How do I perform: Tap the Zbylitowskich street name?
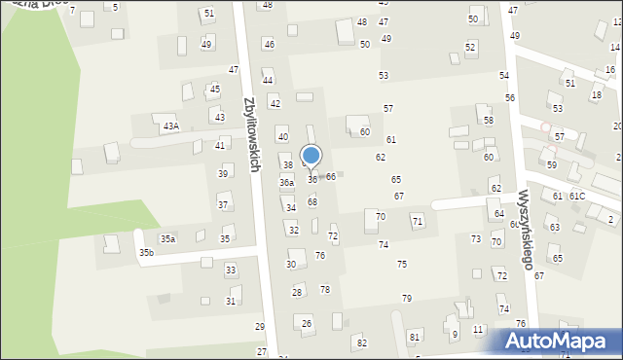[x=251, y=134]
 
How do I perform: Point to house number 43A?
[x=171, y=126]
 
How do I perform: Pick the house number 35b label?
[x=146, y=253]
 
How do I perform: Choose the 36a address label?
[x=286, y=183]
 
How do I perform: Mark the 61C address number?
[x=577, y=197]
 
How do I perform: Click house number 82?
[x=362, y=342]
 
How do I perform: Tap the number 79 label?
[x=407, y=298]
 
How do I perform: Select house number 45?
[x=214, y=89]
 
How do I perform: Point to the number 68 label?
[x=312, y=201]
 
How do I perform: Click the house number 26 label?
[x=307, y=323]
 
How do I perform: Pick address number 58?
[x=489, y=121]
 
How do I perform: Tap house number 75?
[x=402, y=265]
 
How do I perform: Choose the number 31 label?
[x=231, y=302]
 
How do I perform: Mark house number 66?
[x=331, y=176]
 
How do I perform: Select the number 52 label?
[x=470, y=47]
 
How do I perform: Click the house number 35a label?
[x=167, y=238]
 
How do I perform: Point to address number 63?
[x=554, y=227]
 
